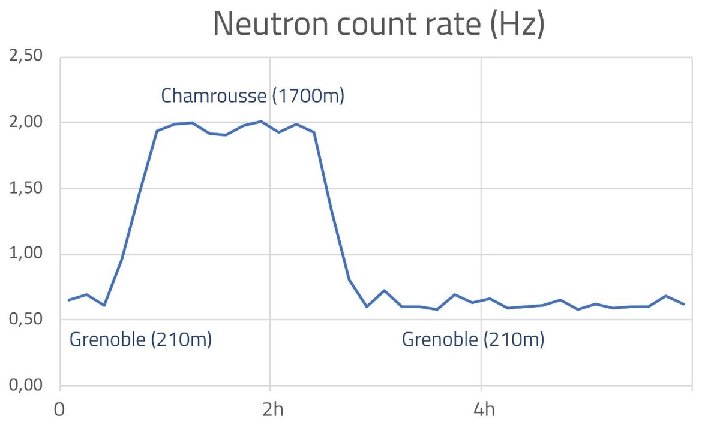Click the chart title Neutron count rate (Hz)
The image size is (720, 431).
tap(379, 24)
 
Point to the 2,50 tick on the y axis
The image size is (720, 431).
tap(26, 56)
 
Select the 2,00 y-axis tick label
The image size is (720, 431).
tap(26, 122)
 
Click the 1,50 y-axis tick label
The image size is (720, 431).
tap(26, 188)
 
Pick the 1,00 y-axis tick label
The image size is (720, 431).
tap(26, 254)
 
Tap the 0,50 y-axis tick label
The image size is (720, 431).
tap(26, 320)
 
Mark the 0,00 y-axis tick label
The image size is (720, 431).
tap(26, 386)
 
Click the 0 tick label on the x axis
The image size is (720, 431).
tap(60, 411)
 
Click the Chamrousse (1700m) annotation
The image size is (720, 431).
tap(253, 96)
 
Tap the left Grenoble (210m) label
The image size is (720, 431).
tap(141, 340)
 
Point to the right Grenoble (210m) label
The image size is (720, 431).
tap(473, 340)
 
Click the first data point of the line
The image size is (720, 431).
tap(69, 300)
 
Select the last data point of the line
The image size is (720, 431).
tap(683, 304)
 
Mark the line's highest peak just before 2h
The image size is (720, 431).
tap(261, 122)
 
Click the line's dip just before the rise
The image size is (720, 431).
tap(104, 305)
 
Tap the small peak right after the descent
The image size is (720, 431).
tap(384, 291)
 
